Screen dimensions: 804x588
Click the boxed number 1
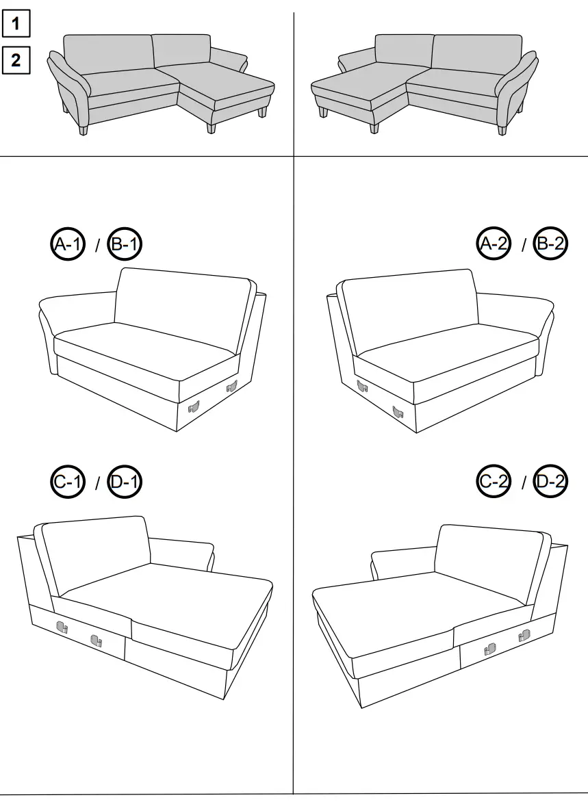pyautogui.click(x=16, y=25)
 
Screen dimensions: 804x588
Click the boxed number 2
pyautogui.click(x=16, y=60)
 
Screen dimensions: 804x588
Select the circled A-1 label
pyautogui.click(x=68, y=244)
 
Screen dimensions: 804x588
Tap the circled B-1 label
pyautogui.click(x=125, y=244)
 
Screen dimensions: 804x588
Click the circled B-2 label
pyautogui.click(x=551, y=244)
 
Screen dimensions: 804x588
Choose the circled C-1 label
pyautogui.click(x=68, y=482)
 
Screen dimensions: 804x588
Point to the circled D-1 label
pyautogui.click(x=125, y=482)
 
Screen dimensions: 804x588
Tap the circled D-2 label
pyautogui.click(x=551, y=482)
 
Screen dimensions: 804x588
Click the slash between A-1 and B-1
pyautogui.click(x=97, y=244)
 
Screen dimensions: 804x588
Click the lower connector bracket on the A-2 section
pyautogui.click(x=397, y=412)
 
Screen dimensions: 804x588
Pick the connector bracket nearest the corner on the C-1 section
pyautogui.click(x=62, y=626)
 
